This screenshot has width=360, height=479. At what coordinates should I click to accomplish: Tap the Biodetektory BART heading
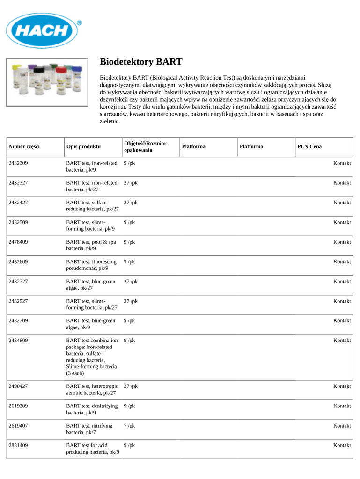tap(141, 62)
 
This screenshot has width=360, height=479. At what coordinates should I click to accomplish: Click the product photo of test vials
tap(47, 82)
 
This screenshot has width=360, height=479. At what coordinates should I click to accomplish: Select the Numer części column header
tap(24, 146)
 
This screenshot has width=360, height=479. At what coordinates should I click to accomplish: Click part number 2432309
tap(18, 163)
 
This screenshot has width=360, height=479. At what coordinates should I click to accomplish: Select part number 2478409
tap(18, 242)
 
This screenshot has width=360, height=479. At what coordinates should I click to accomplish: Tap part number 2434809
tap(18, 340)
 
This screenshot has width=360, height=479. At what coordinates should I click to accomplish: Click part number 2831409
tap(18, 445)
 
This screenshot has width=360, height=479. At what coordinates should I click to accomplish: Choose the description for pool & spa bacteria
tap(91, 245)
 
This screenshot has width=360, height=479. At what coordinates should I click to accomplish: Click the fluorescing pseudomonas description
tap(91, 265)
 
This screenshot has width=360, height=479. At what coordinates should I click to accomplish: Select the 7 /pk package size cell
tap(129, 426)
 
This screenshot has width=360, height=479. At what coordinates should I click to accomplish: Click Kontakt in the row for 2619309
tap(342, 406)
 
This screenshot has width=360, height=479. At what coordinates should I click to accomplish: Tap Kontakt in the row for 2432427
tap(342, 203)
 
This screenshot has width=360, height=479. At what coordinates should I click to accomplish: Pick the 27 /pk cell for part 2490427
tap(131, 386)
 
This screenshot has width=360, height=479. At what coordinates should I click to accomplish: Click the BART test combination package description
tap(92, 356)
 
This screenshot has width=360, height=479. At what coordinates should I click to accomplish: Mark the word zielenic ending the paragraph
tap(110, 121)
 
